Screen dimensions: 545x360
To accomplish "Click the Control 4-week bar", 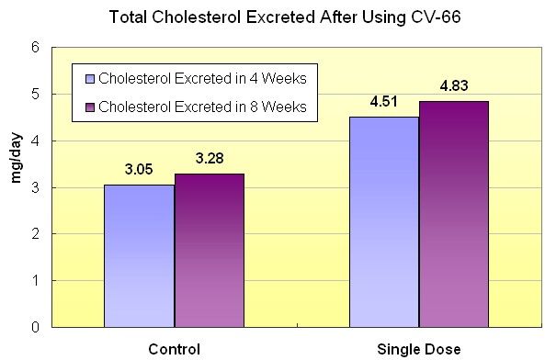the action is point(139,256).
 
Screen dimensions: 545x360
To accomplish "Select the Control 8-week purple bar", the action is point(210,251).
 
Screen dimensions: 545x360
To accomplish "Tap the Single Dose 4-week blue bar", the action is point(384,222).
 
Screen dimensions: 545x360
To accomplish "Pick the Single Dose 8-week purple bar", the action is point(454,214).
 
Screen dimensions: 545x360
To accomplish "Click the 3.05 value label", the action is point(139,170).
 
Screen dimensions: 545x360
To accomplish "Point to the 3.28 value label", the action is point(210,159).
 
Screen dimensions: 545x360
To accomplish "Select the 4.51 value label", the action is point(384,102).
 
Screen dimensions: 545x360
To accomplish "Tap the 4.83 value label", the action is point(454,85).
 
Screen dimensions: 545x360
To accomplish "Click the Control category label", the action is point(174,349).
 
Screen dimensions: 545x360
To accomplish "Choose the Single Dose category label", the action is point(419,349).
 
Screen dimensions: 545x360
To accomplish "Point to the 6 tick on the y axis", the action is point(36,48).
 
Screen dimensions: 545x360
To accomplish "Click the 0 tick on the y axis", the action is point(36,327).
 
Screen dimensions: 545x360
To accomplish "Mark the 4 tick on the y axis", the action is point(36,141).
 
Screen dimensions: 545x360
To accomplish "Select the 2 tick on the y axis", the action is point(36,234).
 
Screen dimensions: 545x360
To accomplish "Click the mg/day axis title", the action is point(17,158).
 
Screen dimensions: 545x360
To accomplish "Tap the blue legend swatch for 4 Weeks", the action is point(90,79).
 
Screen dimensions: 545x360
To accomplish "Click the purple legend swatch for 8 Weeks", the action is point(90,107).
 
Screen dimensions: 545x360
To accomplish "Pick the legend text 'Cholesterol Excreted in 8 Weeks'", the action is point(202,107).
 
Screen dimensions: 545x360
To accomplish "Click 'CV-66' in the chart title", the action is point(436,17).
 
